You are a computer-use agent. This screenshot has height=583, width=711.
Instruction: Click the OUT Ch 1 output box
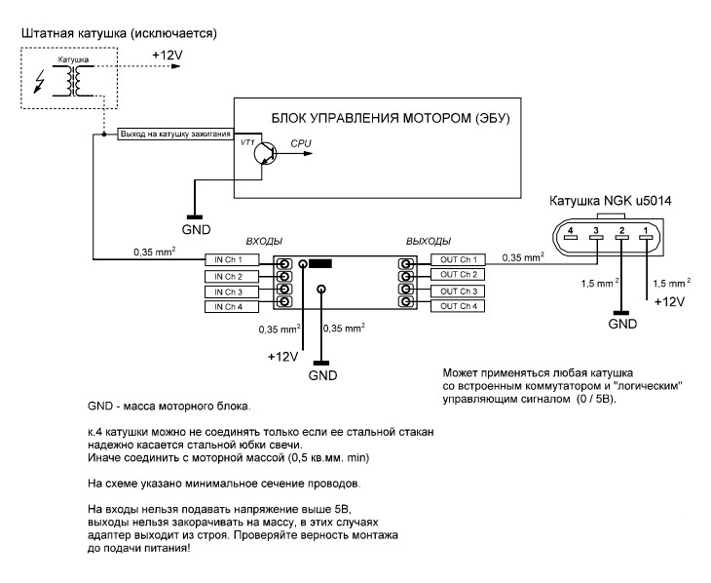458,260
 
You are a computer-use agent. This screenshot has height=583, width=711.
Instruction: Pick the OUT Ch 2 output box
458,275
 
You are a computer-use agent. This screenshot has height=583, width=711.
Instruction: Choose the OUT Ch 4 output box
458,306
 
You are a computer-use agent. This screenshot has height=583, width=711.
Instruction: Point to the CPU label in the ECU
303,143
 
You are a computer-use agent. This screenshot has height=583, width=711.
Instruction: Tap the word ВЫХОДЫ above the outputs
428,240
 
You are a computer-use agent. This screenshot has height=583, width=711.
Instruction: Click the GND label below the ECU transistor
196,230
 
